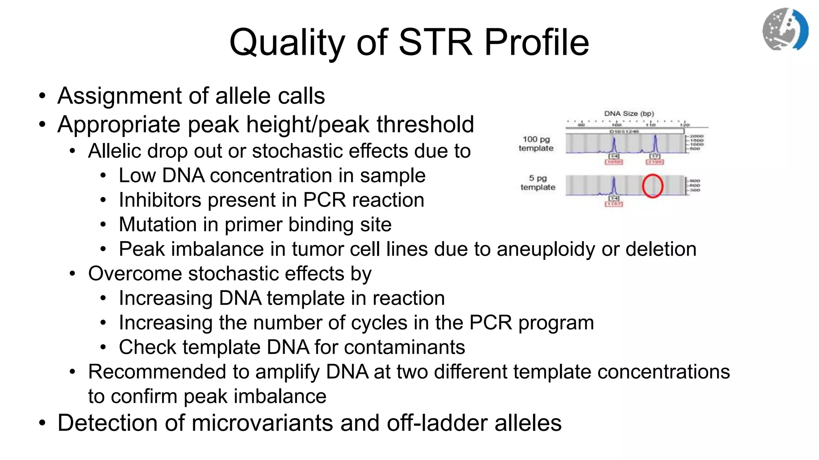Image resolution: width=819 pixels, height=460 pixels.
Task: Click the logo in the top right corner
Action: (x=785, y=29)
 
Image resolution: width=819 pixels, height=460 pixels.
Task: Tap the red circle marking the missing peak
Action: (x=653, y=186)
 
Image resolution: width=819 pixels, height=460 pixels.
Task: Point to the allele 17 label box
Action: (x=655, y=156)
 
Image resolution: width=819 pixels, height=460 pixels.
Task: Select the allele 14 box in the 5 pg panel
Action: (x=614, y=198)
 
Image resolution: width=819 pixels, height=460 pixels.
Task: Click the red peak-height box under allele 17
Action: (x=655, y=162)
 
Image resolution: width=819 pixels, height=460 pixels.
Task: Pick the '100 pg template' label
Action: (x=536, y=144)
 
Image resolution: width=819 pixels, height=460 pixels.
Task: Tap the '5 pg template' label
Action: (x=538, y=183)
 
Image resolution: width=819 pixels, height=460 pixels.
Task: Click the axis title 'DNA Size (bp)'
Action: (x=629, y=113)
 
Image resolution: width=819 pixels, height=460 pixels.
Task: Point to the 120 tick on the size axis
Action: (x=685, y=125)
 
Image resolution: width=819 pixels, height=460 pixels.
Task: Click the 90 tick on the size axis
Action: (x=581, y=125)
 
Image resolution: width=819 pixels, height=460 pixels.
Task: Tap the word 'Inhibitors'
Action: (x=160, y=200)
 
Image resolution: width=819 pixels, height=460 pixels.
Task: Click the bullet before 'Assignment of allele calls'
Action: (x=42, y=96)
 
